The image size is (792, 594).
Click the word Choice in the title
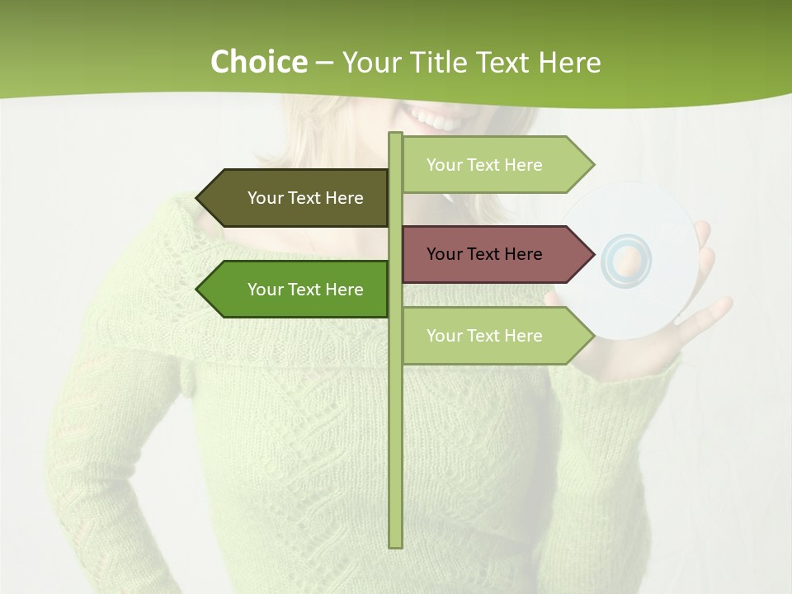[258, 62]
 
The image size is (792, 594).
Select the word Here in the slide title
[569, 62]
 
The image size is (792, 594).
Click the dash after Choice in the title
[324, 63]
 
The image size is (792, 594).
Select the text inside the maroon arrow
[484, 254]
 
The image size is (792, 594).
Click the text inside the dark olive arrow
[305, 198]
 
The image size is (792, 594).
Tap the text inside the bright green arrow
[305, 290]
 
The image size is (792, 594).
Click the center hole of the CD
[627, 262]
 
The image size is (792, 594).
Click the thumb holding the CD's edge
[702, 235]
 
